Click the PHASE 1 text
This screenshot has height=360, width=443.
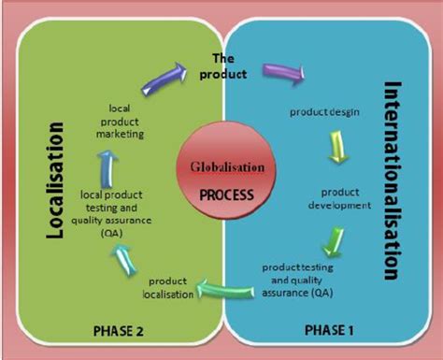[333, 330]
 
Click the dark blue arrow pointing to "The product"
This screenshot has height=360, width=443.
[164, 79]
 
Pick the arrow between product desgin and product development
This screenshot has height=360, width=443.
[341, 147]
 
